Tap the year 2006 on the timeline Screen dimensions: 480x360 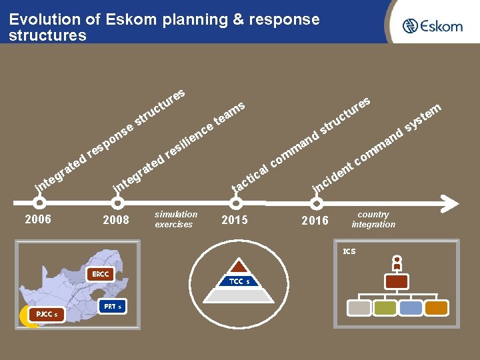tap(37, 219)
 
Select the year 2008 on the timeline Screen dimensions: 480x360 tap(116, 219)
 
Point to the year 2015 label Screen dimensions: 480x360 tap(234, 219)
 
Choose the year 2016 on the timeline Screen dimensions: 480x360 tap(315, 220)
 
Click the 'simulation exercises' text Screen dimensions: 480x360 tap(175, 219)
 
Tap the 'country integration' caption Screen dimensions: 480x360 tap(373, 219)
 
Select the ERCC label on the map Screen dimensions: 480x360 tap(101, 274)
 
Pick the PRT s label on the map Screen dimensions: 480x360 tap(110, 307)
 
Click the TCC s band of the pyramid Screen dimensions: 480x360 tap(239, 281)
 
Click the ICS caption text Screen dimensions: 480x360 tap(349, 251)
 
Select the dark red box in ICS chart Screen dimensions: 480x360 tap(397, 282)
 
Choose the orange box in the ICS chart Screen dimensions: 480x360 tap(437, 307)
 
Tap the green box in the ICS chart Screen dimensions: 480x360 tap(385, 307)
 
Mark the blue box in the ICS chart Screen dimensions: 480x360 tap(411, 307)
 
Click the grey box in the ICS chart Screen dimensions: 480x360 tap(360, 307)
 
